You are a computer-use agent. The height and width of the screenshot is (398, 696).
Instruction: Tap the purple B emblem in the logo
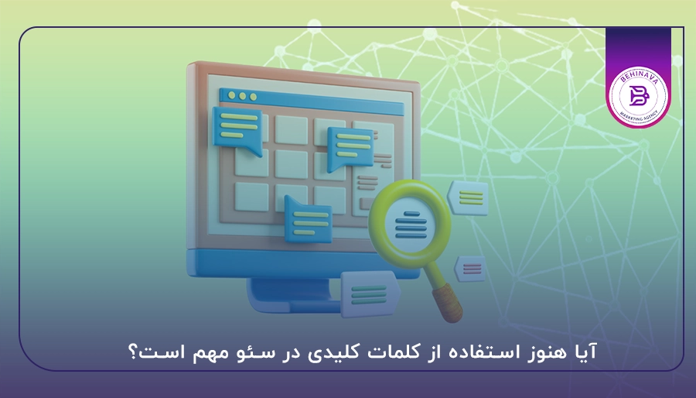(x=638, y=96)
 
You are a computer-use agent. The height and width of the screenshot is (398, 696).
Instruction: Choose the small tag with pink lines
(x=472, y=269)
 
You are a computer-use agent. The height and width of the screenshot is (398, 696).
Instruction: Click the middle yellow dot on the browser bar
(x=242, y=97)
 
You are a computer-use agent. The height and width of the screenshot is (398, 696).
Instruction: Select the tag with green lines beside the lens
(x=469, y=196)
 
